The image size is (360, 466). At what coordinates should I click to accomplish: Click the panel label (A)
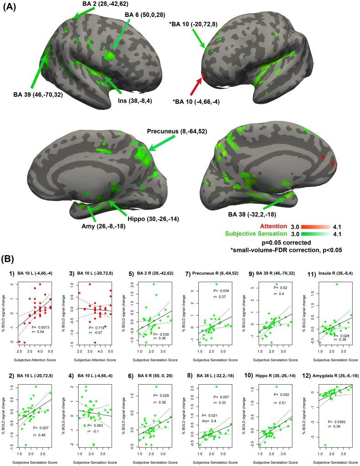[x=11, y=9]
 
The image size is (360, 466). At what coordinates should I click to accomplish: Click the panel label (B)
[x=11, y=259]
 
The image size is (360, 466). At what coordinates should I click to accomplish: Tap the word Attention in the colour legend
[x=287, y=226]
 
